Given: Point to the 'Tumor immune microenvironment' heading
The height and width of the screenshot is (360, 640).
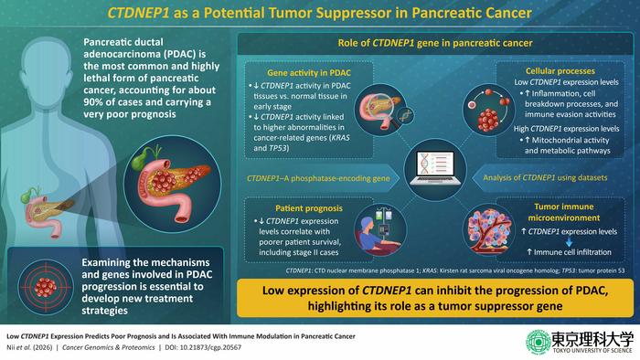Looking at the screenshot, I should [548, 214].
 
